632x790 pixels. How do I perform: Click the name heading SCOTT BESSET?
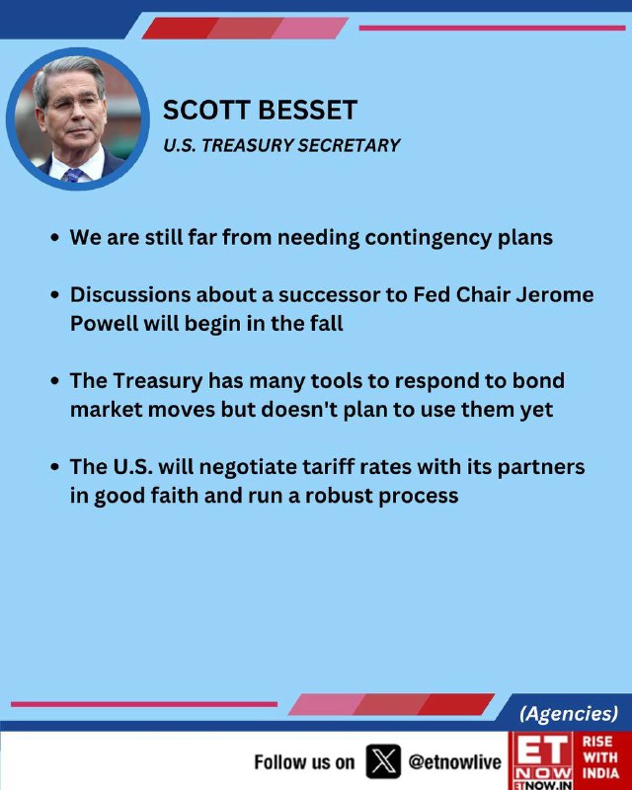[x=260, y=110]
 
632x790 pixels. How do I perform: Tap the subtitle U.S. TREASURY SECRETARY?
[x=281, y=145]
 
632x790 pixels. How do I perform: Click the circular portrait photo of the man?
[x=78, y=118]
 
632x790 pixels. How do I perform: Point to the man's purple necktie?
[x=74, y=175]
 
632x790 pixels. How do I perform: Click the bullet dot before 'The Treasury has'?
[x=55, y=381]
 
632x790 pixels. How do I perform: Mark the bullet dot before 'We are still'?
[x=55, y=237]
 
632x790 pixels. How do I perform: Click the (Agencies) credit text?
[x=569, y=713]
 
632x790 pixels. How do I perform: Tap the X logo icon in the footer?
[x=383, y=761]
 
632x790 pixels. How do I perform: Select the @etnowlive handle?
[x=454, y=761]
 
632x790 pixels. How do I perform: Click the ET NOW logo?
[x=541, y=760]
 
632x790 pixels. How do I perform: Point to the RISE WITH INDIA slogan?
[x=600, y=757]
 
